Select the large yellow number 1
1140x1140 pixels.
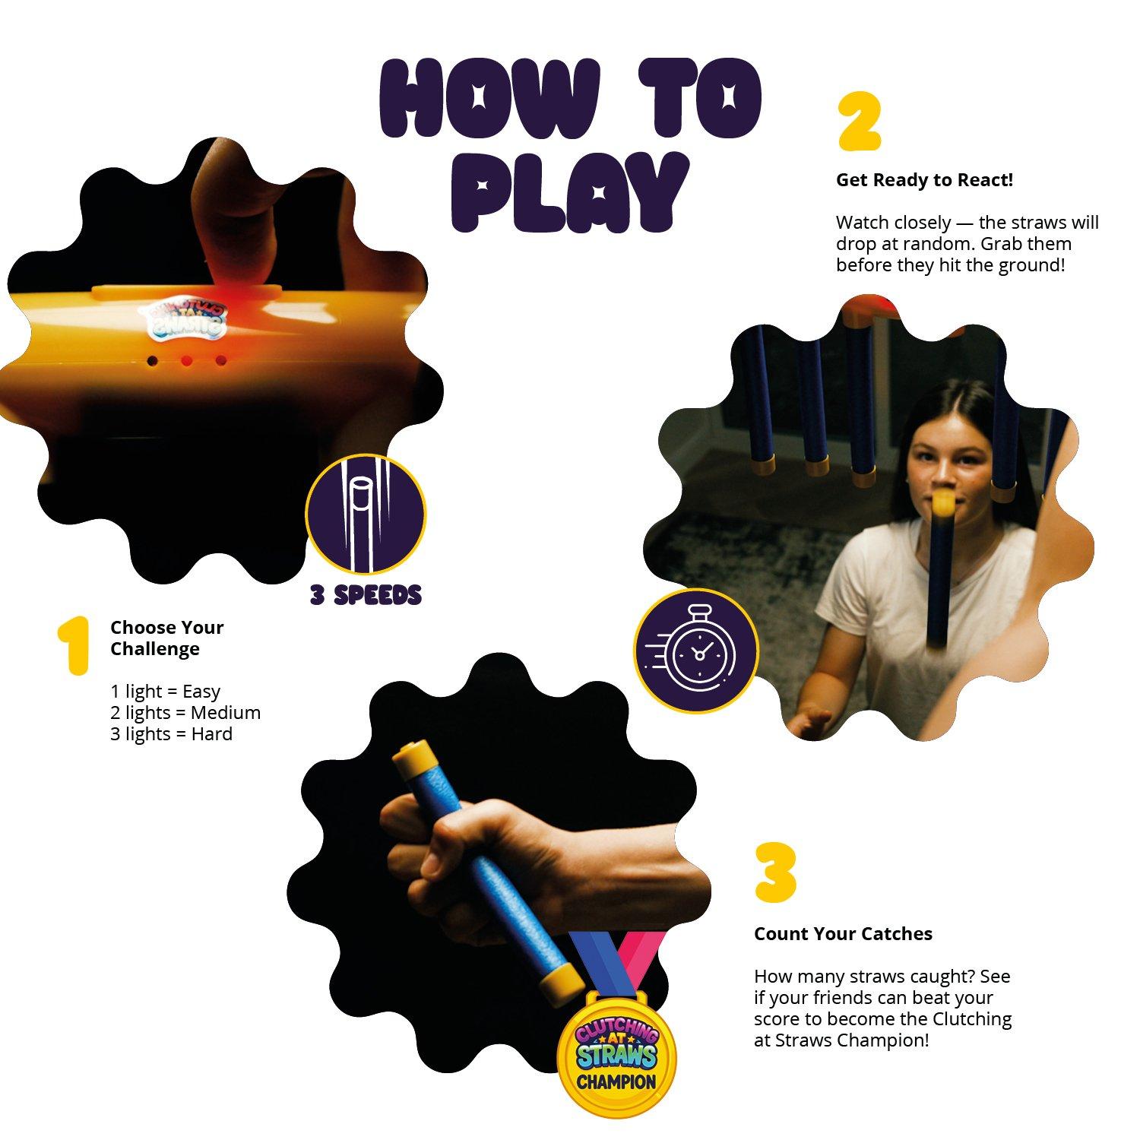[x=74, y=645]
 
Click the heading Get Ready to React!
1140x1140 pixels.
[x=924, y=180]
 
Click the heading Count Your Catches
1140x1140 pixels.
[x=843, y=934]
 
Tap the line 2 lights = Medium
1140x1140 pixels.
[x=185, y=713]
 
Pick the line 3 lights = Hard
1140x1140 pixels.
[x=171, y=734]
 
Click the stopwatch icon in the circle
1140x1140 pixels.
[x=696, y=651]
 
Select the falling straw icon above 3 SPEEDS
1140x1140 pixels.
[x=366, y=515]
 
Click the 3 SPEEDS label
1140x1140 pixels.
[x=366, y=595]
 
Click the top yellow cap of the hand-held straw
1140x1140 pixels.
[x=415, y=756]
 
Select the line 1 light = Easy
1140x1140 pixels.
[x=165, y=692]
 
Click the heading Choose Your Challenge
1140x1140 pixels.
[x=167, y=638]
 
